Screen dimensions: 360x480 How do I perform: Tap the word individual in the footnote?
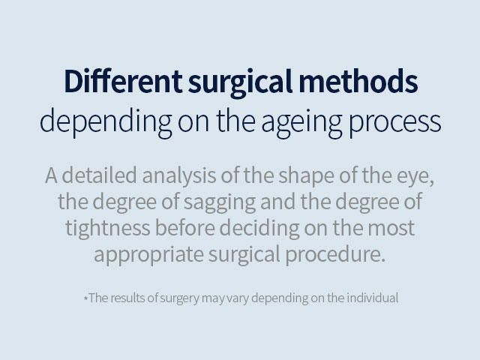[x=373, y=297]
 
